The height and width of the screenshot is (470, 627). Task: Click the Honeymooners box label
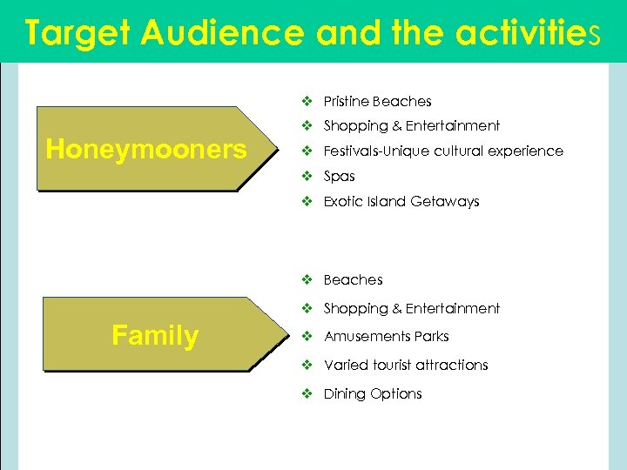pos(146,150)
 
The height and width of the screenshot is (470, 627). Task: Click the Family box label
pos(155,336)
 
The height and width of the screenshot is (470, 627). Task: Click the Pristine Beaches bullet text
pos(377,101)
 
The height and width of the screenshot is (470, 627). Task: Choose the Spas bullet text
pos(339,176)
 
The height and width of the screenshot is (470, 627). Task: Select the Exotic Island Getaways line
pos(401,201)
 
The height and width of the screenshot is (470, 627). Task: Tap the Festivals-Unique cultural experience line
pos(442,151)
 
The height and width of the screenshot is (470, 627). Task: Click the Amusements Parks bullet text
pos(386,336)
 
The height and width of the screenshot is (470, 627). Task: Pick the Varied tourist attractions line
pos(405,365)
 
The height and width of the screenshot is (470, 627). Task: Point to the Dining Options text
pos(372,393)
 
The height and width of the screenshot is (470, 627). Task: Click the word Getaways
pos(448,201)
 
